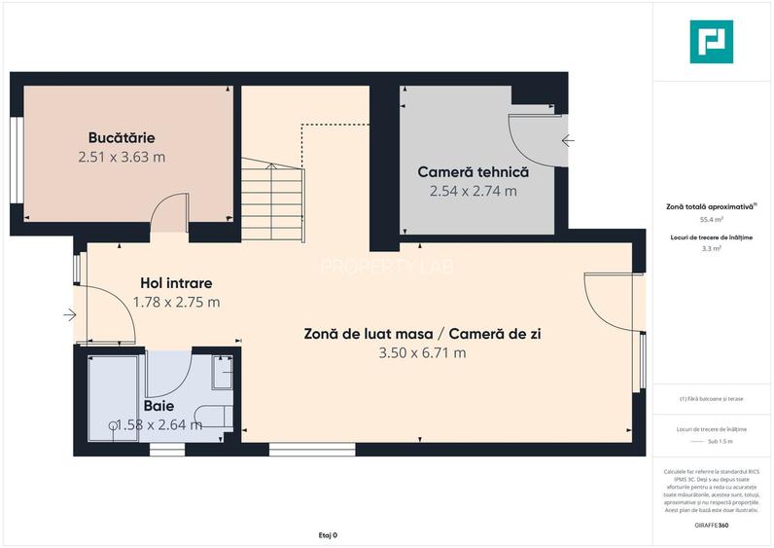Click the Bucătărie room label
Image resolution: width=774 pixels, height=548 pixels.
pos(122,138)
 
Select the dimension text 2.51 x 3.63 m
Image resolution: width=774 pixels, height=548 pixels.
pos(122,156)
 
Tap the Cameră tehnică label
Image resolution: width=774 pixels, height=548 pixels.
pos(473,172)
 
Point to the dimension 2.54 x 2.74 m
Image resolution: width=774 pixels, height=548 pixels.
pos(473,191)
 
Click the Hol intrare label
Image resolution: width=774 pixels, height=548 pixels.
pos(176,283)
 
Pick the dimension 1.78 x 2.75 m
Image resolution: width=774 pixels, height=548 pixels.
pos(176,302)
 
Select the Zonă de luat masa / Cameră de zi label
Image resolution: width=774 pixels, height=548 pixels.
pos(422,334)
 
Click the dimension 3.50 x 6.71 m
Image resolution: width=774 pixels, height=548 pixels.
pos(422,352)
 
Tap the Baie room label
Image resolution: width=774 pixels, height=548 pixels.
pos(158,405)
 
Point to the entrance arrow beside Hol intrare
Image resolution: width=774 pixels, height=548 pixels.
pos(70,314)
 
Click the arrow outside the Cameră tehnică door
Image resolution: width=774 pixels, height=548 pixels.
pos(567,141)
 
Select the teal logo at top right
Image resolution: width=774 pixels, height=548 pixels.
pos(712,43)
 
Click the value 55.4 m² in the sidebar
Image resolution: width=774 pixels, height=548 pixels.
pos(712,220)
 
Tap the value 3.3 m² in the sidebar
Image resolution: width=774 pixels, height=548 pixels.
pos(712,249)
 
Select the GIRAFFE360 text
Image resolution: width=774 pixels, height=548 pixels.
pos(712,525)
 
